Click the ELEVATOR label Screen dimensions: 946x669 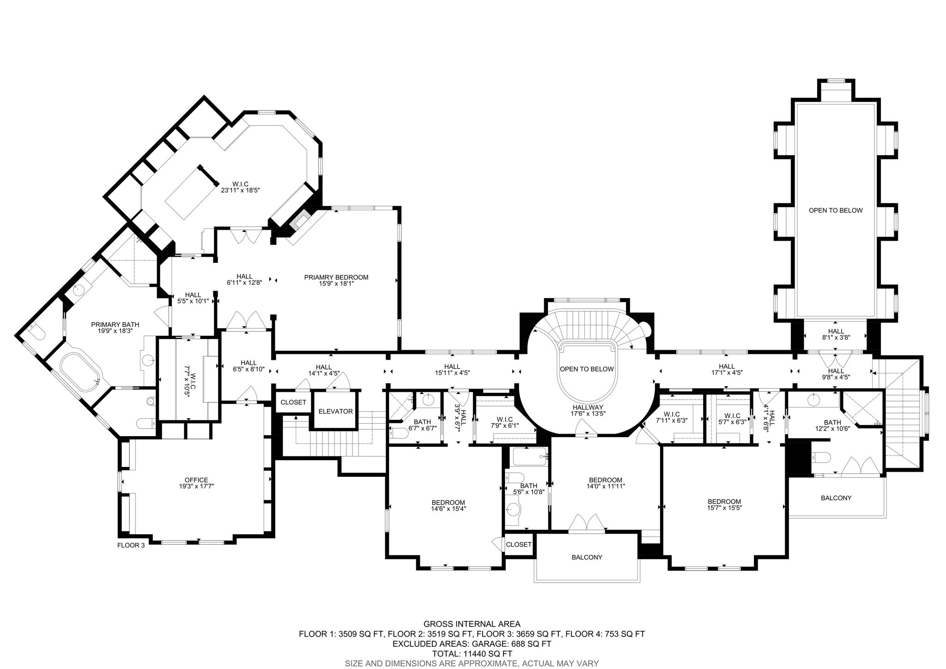335,411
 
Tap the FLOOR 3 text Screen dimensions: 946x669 131,545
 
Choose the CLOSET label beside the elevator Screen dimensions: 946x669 293,402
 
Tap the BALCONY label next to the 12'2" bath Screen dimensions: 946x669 836,498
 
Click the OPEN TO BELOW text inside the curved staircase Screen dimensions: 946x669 587,369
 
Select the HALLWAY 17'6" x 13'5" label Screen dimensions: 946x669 588,410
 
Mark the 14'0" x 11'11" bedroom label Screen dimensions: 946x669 606,483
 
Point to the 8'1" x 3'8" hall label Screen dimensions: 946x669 836,334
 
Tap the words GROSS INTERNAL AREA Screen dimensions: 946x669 472,624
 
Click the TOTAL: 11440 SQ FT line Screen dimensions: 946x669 472,654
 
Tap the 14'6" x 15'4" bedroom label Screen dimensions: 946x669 448,506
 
